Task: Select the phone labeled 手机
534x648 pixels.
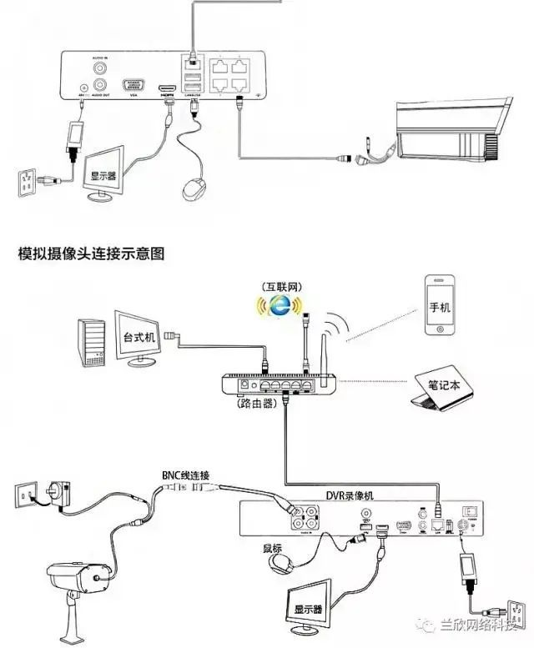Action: [439, 305]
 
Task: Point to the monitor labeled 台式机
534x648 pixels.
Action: [140, 339]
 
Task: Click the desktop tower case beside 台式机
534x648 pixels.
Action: [91, 342]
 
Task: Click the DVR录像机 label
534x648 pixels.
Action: [350, 495]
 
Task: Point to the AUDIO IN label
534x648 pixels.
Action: [100, 57]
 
